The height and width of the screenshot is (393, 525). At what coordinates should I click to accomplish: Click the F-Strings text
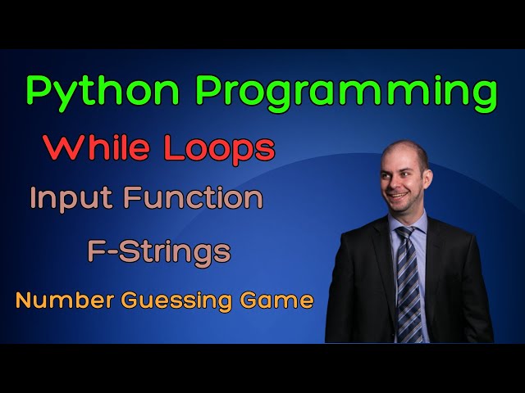tap(159, 251)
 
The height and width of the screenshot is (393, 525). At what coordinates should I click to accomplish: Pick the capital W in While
tap(62, 148)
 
